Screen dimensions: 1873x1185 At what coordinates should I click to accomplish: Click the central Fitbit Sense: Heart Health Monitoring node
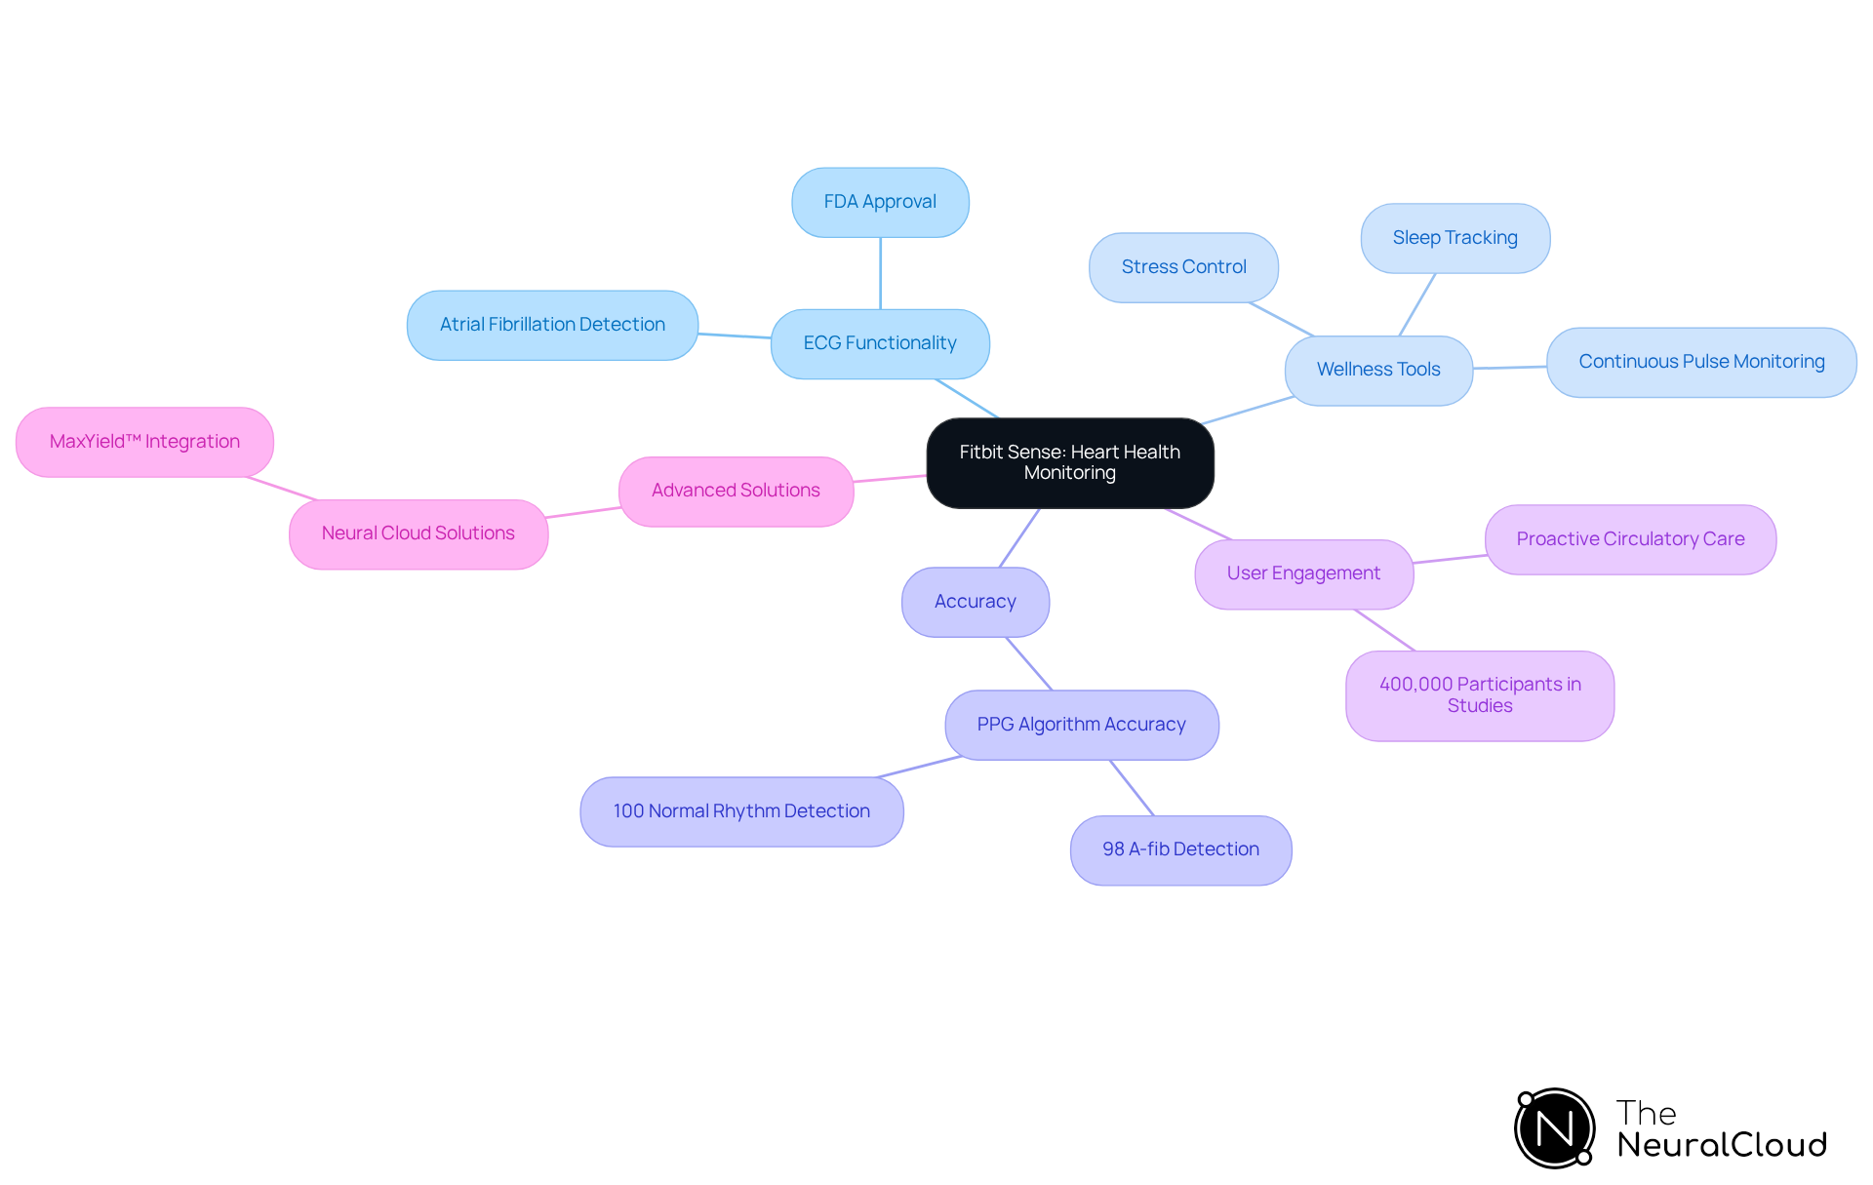click(x=1069, y=462)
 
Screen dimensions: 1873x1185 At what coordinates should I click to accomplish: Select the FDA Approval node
click(x=880, y=202)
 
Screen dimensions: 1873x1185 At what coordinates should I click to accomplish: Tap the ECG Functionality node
click(x=880, y=343)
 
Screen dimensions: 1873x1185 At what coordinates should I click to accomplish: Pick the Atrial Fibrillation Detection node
click(x=552, y=325)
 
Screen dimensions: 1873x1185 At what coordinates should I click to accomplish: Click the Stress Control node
click(x=1183, y=267)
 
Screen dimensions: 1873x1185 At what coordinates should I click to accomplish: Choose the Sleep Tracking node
click(x=1455, y=238)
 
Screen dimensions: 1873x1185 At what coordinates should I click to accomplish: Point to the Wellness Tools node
click(x=1377, y=370)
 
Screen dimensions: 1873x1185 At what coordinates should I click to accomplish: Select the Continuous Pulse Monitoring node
click(x=1701, y=362)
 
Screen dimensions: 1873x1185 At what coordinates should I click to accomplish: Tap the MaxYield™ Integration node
click(x=144, y=442)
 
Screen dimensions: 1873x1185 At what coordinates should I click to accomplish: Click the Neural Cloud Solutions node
click(x=418, y=533)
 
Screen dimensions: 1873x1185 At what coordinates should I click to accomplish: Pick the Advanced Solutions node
click(x=736, y=491)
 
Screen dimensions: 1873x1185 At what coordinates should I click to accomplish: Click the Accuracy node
click(x=975, y=602)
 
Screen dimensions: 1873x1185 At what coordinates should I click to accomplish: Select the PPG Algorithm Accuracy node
click(x=1081, y=725)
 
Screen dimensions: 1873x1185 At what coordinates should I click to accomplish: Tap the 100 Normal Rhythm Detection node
click(x=741, y=811)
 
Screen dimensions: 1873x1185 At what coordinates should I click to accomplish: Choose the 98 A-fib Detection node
click(x=1180, y=849)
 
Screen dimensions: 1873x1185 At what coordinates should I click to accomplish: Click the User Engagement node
click(x=1303, y=573)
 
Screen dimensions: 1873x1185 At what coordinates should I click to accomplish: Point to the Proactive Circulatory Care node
click(x=1630, y=539)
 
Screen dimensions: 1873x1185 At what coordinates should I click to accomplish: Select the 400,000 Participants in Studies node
click(x=1479, y=695)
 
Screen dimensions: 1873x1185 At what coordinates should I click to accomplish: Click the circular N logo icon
click(x=1554, y=1128)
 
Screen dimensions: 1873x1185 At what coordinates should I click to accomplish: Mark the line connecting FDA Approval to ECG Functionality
click(x=880, y=273)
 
